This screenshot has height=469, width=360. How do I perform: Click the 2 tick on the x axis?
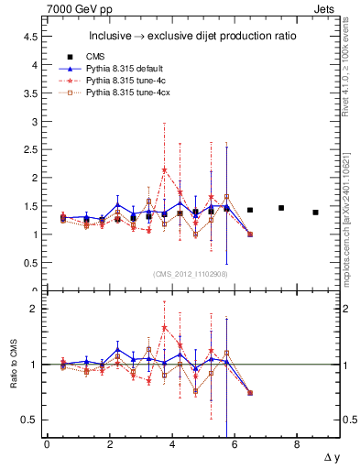click(x=109, y=446)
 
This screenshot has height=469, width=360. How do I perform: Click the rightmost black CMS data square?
click(x=315, y=213)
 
